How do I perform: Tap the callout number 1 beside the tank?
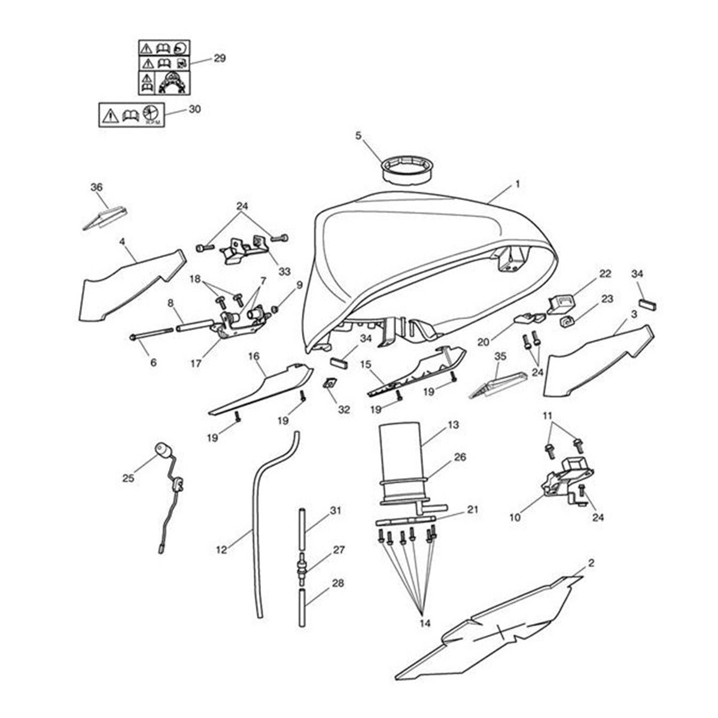pyautogui.click(x=517, y=185)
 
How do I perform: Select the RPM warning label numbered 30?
pyautogui.click(x=132, y=114)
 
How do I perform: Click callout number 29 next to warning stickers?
pyautogui.click(x=220, y=59)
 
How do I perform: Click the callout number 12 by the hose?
pyautogui.click(x=222, y=549)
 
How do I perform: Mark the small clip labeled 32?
pyautogui.click(x=328, y=384)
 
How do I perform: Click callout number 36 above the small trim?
pyautogui.click(x=97, y=187)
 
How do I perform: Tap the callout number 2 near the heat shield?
pyautogui.click(x=591, y=563)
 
